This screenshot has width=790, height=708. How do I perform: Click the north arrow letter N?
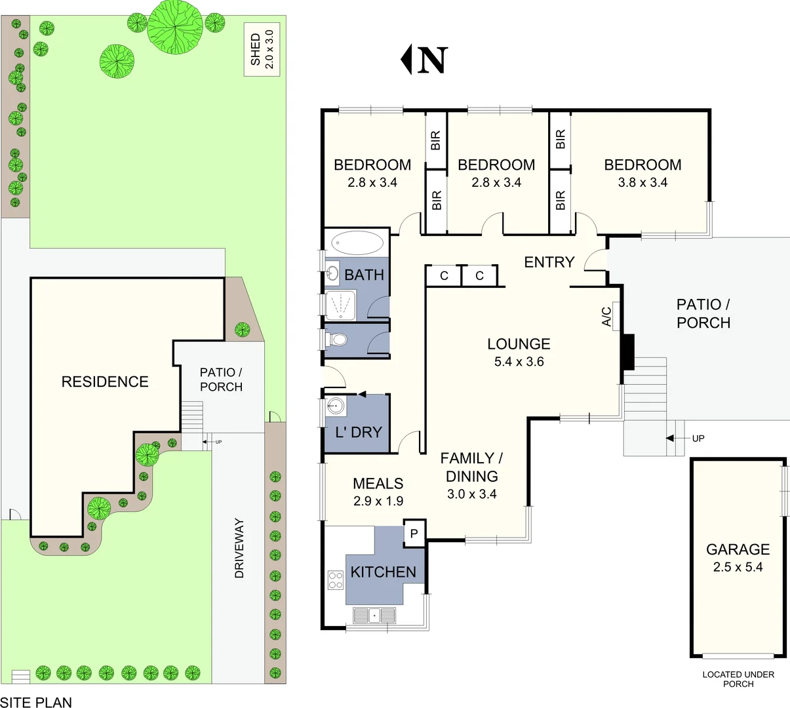click(432, 60)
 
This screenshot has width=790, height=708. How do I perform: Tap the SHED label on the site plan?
click(256, 50)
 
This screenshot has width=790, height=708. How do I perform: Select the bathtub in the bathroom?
click(357, 243)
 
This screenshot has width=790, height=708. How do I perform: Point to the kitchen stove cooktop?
click(336, 580)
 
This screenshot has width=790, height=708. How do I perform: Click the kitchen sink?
click(374, 616)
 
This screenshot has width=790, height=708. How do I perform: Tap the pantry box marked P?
click(414, 534)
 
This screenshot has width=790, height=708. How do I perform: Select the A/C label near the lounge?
click(607, 317)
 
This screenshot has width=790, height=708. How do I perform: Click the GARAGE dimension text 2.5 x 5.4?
click(738, 567)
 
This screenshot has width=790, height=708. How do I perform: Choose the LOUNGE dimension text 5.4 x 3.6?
click(519, 361)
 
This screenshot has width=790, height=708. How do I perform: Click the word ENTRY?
click(549, 262)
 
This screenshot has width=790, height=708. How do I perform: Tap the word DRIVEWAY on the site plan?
click(239, 548)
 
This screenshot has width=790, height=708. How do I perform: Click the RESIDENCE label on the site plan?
click(105, 382)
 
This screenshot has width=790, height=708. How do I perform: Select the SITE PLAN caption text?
click(36, 701)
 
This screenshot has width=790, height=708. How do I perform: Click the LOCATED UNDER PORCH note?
click(738, 679)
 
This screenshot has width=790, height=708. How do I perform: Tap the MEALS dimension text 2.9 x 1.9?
click(378, 501)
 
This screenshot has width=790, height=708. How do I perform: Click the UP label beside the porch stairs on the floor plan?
click(698, 438)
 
